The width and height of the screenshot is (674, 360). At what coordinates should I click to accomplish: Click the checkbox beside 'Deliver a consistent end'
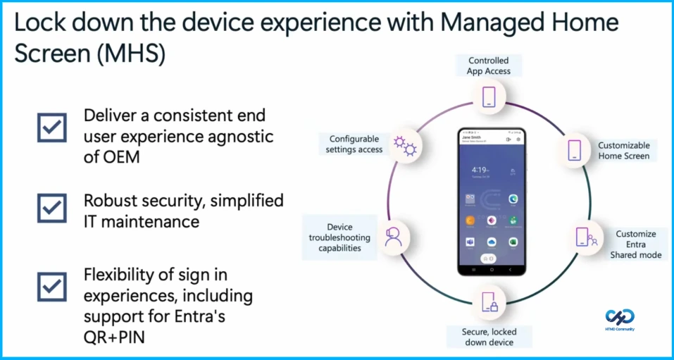coord(52,128)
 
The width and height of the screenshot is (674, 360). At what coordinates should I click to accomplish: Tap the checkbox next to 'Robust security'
coord(52,209)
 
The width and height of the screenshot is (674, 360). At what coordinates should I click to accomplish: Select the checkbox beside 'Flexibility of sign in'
coord(52,287)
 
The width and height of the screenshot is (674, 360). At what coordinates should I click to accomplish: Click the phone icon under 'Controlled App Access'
coord(489,96)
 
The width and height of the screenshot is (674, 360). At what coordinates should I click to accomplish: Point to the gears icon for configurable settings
coord(405,147)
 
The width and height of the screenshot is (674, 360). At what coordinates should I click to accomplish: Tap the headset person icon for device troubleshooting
coord(393,237)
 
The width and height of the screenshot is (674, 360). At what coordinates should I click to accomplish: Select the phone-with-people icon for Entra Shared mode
coord(584,237)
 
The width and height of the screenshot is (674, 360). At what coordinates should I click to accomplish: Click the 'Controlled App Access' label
coord(488,66)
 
